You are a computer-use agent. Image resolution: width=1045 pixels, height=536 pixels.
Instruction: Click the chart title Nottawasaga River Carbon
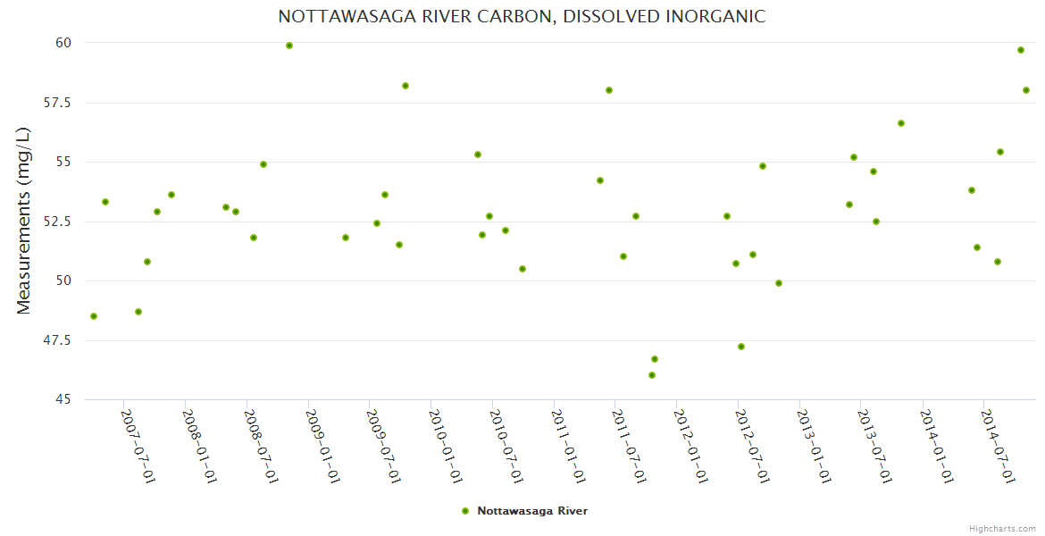tap(522, 17)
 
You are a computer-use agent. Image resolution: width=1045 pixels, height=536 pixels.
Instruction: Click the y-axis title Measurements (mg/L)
tap(24, 221)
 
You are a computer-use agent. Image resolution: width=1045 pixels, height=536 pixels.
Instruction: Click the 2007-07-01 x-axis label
tap(138, 446)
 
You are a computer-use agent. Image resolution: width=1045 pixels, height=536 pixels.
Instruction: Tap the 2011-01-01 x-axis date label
tap(567, 446)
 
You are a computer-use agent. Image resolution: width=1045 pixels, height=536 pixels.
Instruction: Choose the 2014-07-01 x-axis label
tap(997, 446)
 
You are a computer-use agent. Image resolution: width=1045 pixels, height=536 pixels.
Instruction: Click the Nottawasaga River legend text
tap(532, 511)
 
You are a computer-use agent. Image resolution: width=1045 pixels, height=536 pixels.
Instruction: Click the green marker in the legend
tap(464, 511)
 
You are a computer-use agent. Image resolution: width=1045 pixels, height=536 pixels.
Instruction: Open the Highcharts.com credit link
tap(1002, 529)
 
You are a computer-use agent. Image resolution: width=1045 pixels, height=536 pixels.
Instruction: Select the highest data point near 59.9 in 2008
tap(289, 46)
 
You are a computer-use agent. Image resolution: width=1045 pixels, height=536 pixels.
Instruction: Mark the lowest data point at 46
tap(652, 375)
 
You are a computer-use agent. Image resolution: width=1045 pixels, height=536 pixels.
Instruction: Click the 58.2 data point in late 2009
tap(405, 86)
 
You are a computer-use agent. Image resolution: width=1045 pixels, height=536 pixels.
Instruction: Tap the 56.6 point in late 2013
tap(901, 123)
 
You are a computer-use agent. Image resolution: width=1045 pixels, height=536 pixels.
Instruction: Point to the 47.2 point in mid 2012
tap(741, 347)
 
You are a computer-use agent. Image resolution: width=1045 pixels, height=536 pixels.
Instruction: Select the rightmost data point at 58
tap(1026, 90)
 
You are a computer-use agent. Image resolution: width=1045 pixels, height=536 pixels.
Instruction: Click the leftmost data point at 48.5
tap(94, 316)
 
